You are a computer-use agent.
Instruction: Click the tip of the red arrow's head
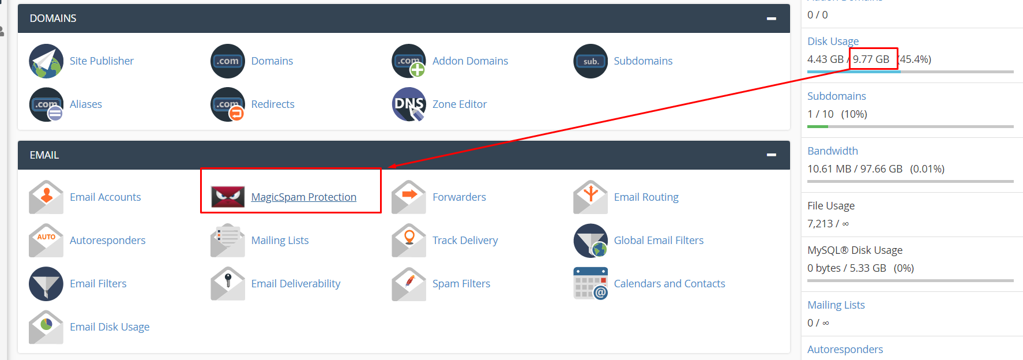coord(388,167)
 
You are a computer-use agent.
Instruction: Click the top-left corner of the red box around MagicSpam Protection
coord(201,168)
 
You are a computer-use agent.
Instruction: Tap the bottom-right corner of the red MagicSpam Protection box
coord(381,212)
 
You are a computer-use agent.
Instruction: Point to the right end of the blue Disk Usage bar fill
coord(900,72)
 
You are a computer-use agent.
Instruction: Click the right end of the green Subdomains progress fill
coord(828,126)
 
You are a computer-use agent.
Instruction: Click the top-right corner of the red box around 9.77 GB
coord(898,48)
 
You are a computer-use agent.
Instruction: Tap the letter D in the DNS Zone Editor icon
coord(400,104)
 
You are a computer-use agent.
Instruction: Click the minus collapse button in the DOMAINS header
coord(771,18)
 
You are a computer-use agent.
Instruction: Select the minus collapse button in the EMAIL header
coord(771,155)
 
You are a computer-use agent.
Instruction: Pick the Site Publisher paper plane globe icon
coord(46,61)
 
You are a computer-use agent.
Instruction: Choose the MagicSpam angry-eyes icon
coord(228,197)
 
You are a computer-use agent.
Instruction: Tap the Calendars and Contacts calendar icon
coord(591,283)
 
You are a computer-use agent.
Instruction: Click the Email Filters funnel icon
coord(46,283)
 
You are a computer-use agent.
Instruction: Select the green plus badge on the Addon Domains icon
coord(417,70)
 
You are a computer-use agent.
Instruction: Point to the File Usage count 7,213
coord(820,224)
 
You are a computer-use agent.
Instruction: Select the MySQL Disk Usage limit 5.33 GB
coord(868,268)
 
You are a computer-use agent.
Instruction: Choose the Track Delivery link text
coord(465,240)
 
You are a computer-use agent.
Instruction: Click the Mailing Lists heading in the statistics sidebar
coord(836,305)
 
